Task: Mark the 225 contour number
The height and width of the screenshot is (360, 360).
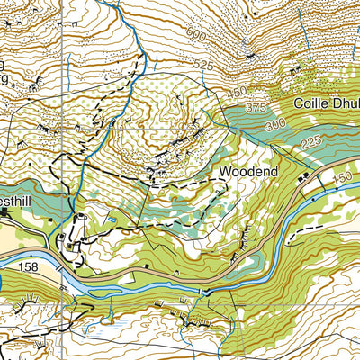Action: pyautogui.click(x=311, y=141)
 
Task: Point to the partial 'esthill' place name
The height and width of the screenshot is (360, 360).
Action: pyautogui.click(x=17, y=204)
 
